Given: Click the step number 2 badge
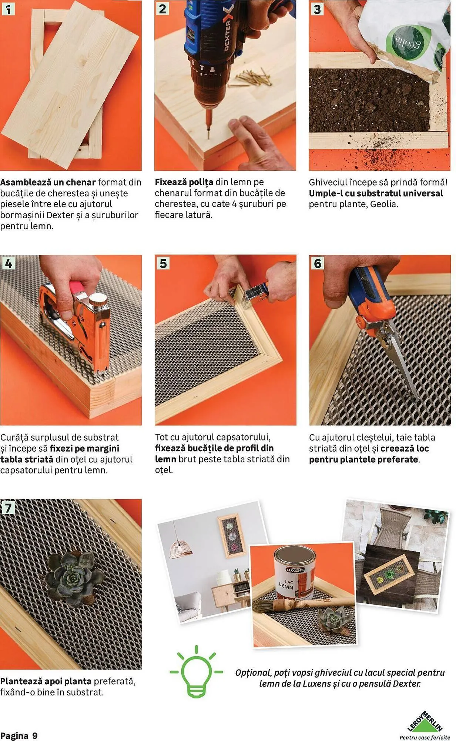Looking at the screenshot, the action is tap(162, 9).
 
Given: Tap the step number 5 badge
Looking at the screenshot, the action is tap(163, 264).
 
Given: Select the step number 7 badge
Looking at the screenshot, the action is tap(8, 508).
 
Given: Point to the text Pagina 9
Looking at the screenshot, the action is tap(19, 735).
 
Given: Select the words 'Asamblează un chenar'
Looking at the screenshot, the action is tap(48, 182).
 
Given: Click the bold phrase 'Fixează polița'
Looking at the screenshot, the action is tap(184, 182).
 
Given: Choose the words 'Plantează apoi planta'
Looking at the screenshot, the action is tap(46, 681).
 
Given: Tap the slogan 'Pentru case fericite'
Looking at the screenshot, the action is tap(425, 737).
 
